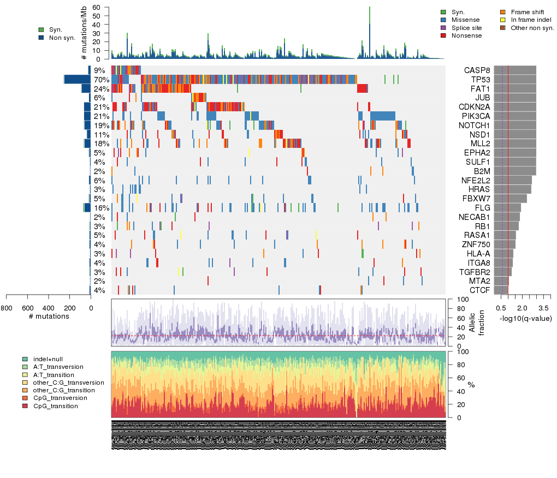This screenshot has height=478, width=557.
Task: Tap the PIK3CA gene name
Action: point(476,116)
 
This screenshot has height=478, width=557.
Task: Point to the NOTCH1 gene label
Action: point(475,125)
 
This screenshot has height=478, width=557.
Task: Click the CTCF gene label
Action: point(479,290)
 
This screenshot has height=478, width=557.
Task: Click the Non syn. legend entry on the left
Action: point(62,38)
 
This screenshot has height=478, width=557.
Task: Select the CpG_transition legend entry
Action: point(55,406)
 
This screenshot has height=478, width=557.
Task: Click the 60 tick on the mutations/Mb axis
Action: point(97,8)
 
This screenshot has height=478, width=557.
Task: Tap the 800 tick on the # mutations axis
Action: point(7,308)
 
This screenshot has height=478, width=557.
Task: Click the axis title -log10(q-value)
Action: point(525,318)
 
